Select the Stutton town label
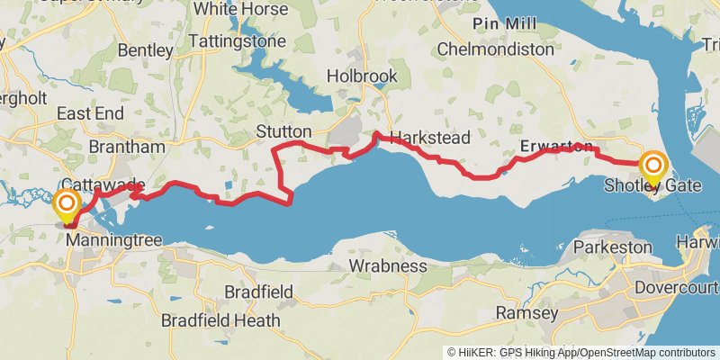click(283, 131)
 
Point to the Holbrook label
click(361, 76)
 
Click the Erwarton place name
click(556, 147)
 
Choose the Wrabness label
click(388, 265)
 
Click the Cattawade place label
click(103, 184)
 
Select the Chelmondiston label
click(495, 49)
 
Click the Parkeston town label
click(612, 246)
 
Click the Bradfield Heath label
click(220, 320)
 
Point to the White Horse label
click(241, 9)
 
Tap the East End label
click(90, 113)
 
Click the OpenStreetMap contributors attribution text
click(648, 352)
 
